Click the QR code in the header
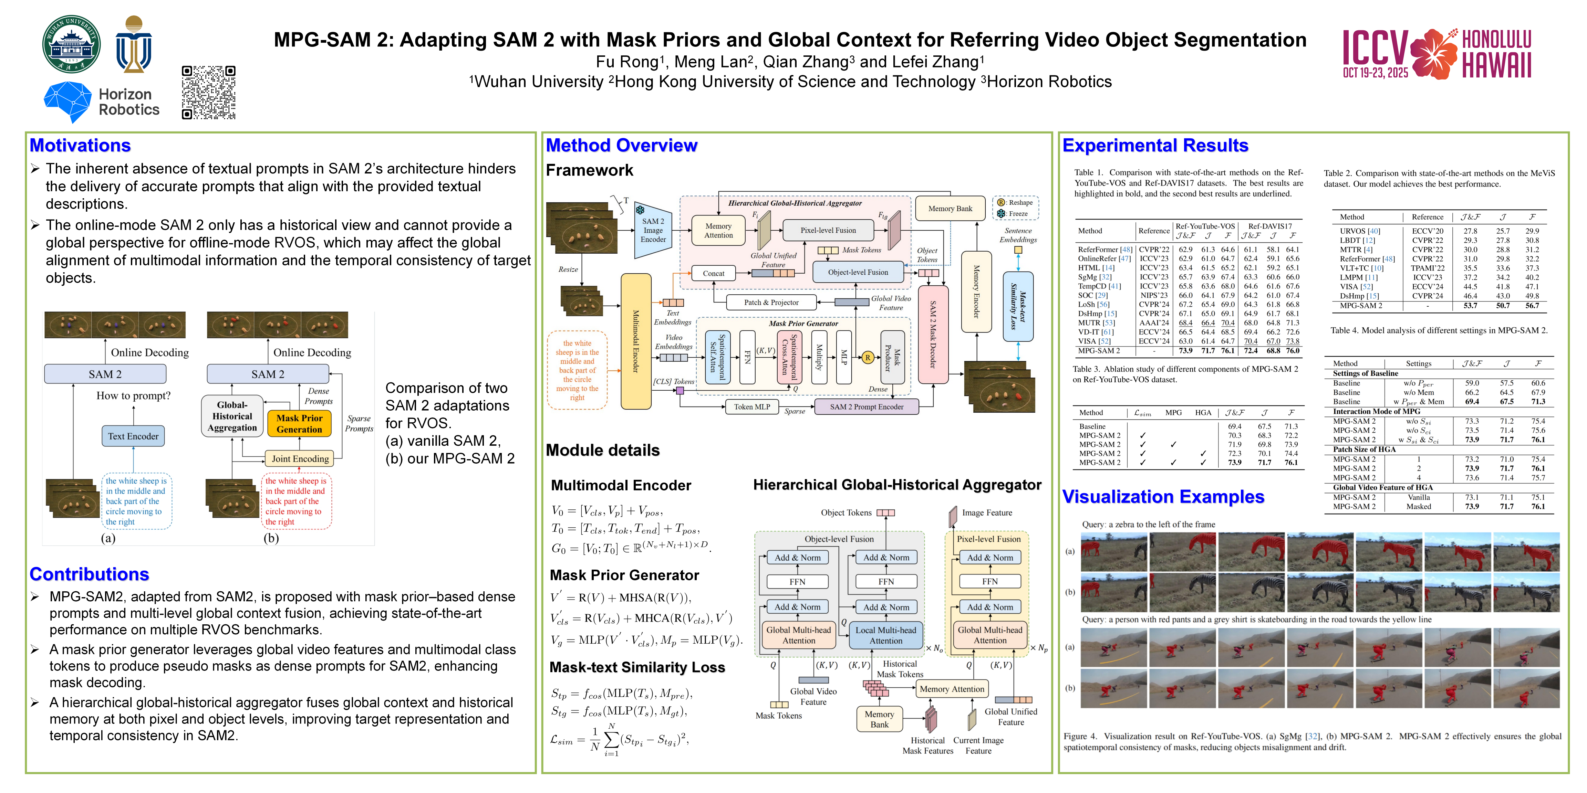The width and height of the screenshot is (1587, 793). pos(208,92)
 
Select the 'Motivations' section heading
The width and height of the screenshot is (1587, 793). pos(80,145)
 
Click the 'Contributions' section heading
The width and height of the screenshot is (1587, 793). pos(89,574)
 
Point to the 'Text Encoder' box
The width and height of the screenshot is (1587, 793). pos(133,436)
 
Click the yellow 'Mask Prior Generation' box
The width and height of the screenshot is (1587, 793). pos(299,424)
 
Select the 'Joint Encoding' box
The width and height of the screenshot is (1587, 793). pos(300,459)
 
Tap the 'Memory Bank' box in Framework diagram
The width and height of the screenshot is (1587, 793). pos(950,209)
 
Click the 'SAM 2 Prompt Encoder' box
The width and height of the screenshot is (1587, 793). pos(866,406)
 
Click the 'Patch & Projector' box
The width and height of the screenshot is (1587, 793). pos(771,302)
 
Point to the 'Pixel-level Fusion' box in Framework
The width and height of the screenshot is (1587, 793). pos(828,230)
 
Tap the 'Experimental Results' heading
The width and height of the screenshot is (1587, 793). pos(1155,145)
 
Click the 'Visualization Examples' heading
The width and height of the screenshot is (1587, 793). pos(1163,497)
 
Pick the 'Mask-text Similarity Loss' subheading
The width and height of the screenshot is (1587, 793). pos(637,667)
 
